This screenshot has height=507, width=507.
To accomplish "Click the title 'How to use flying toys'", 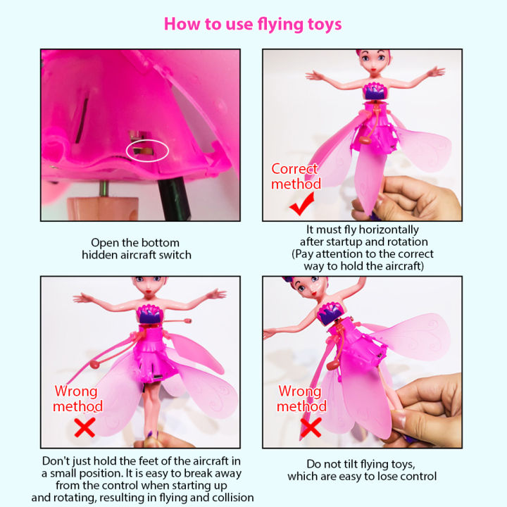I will point(253,24).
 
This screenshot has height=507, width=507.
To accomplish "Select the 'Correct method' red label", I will point(295,176).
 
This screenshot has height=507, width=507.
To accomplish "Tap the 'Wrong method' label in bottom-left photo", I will point(79,399).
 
